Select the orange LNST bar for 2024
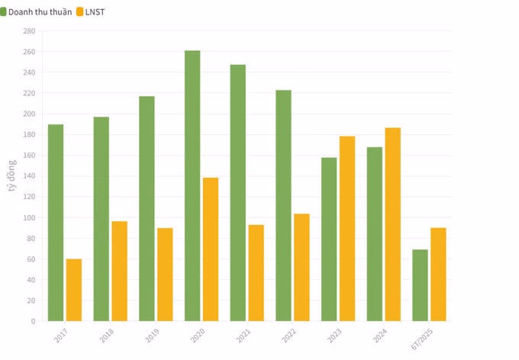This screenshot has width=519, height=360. click(393, 224)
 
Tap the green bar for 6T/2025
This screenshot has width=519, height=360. click(420, 285)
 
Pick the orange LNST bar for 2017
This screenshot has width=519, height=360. click(74, 290)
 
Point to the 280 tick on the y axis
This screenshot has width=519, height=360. click(29, 31)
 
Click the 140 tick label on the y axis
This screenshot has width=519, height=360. click(29, 176)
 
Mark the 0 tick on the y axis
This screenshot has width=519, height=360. click(34, 321)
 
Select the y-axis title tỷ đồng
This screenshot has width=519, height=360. click(12, 175)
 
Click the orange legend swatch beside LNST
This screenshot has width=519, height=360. click(79, 12)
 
